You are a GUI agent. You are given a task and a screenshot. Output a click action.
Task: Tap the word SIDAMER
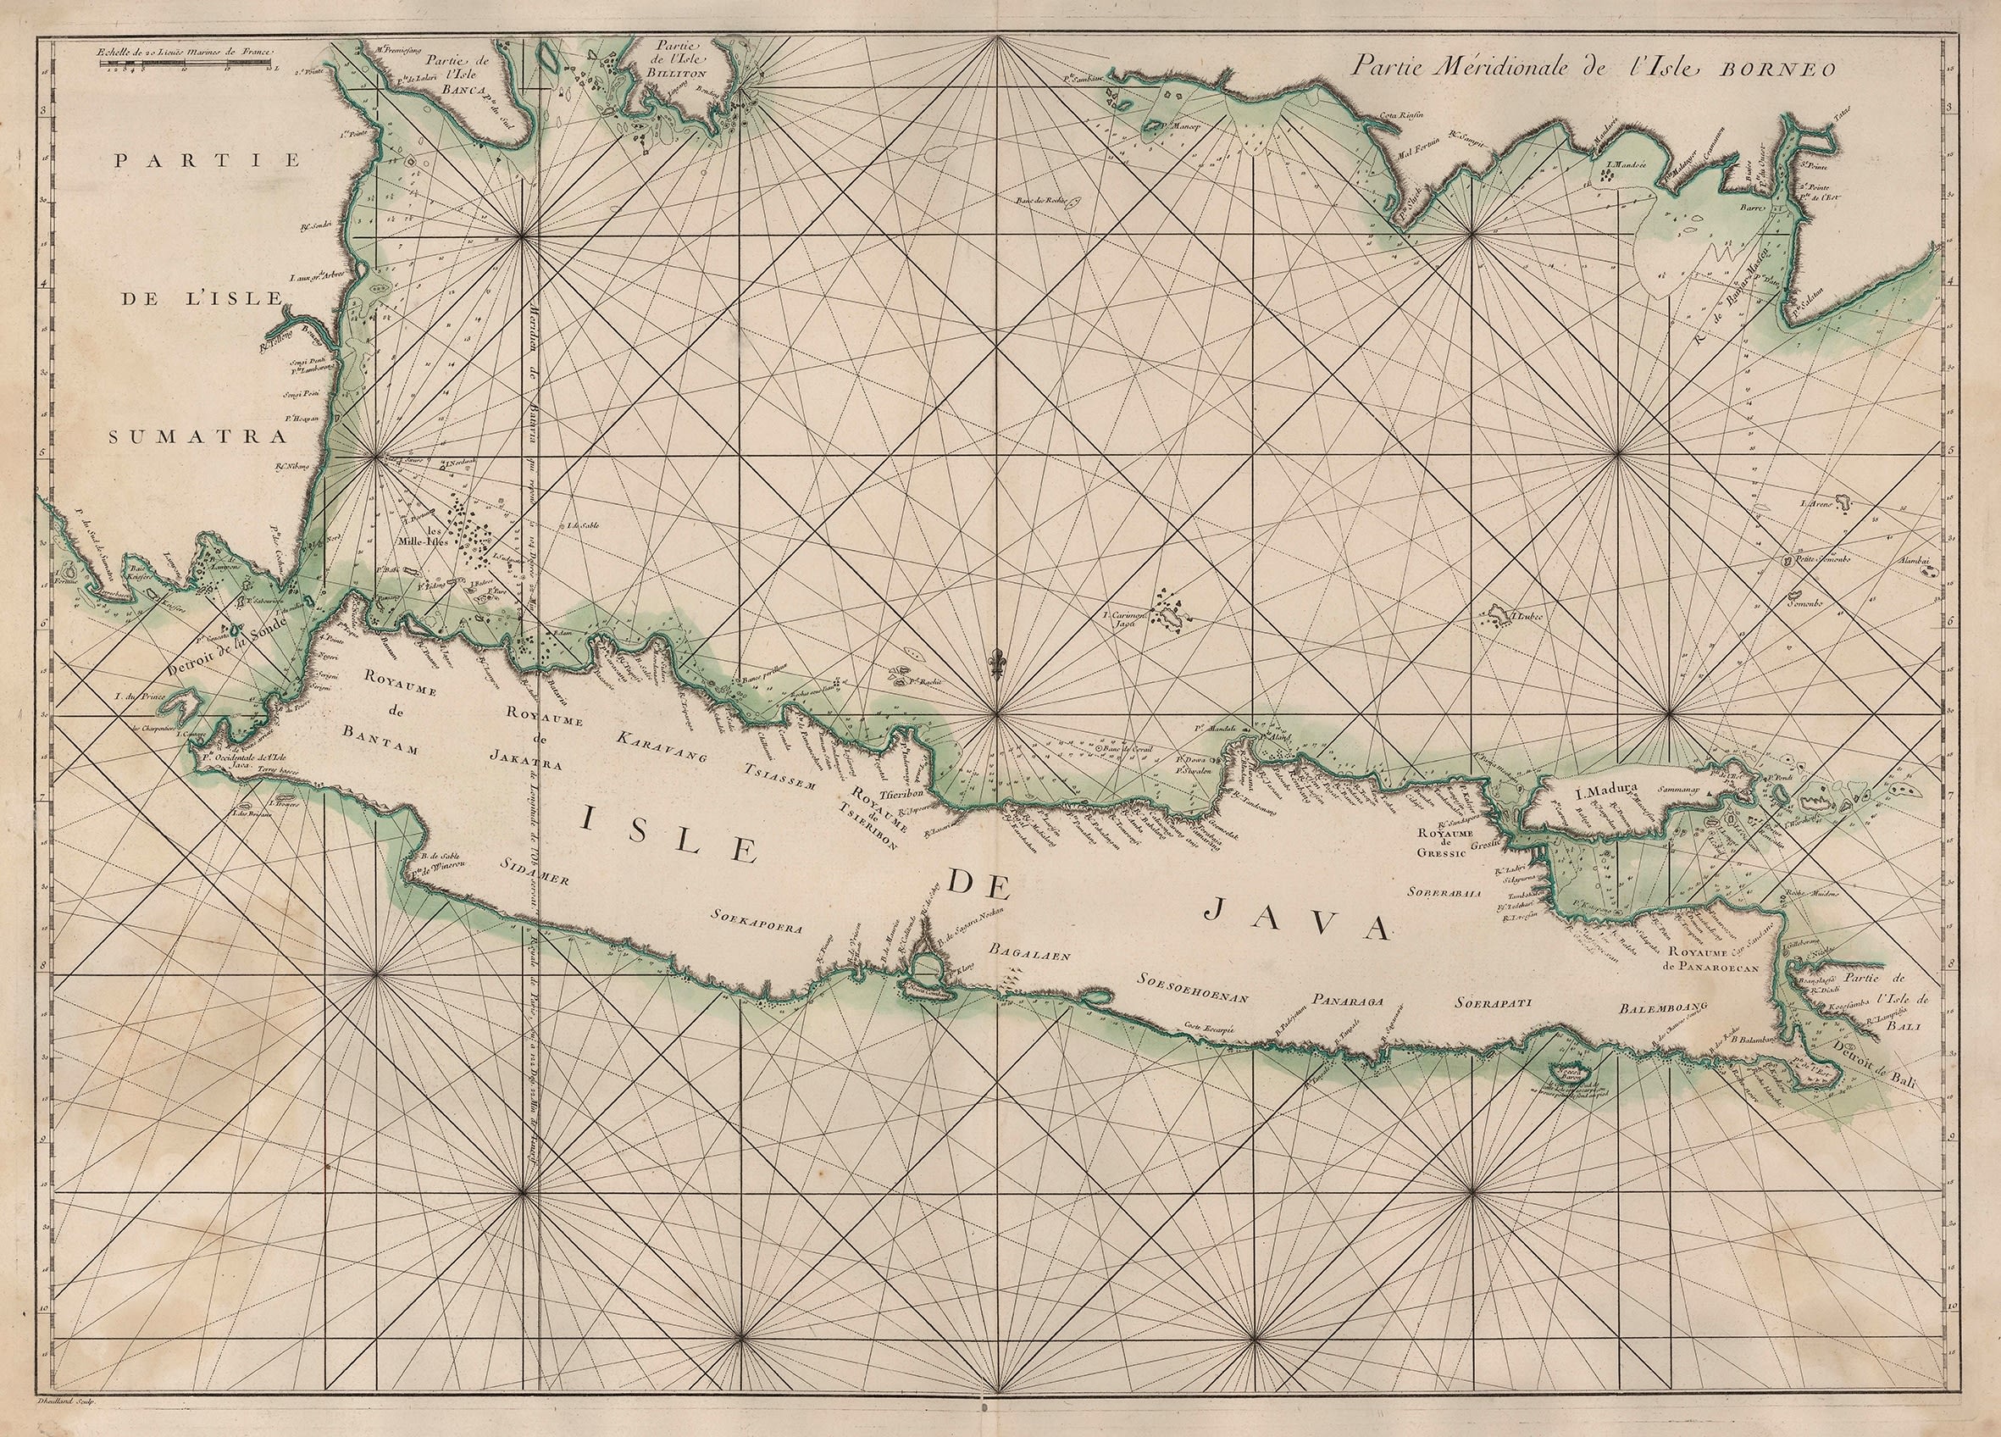point(535,873)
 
